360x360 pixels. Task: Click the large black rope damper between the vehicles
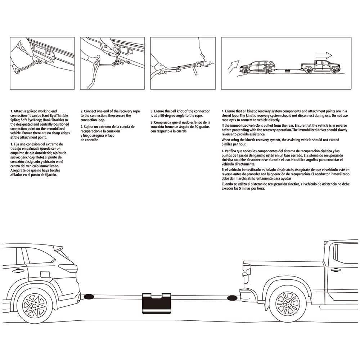click(157, 303)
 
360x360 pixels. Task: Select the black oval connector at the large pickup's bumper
click(232, 298)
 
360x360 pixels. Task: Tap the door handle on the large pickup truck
click(336, 270)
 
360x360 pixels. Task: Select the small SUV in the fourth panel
click(256, 67)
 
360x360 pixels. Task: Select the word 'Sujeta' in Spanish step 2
click(90, 127)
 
